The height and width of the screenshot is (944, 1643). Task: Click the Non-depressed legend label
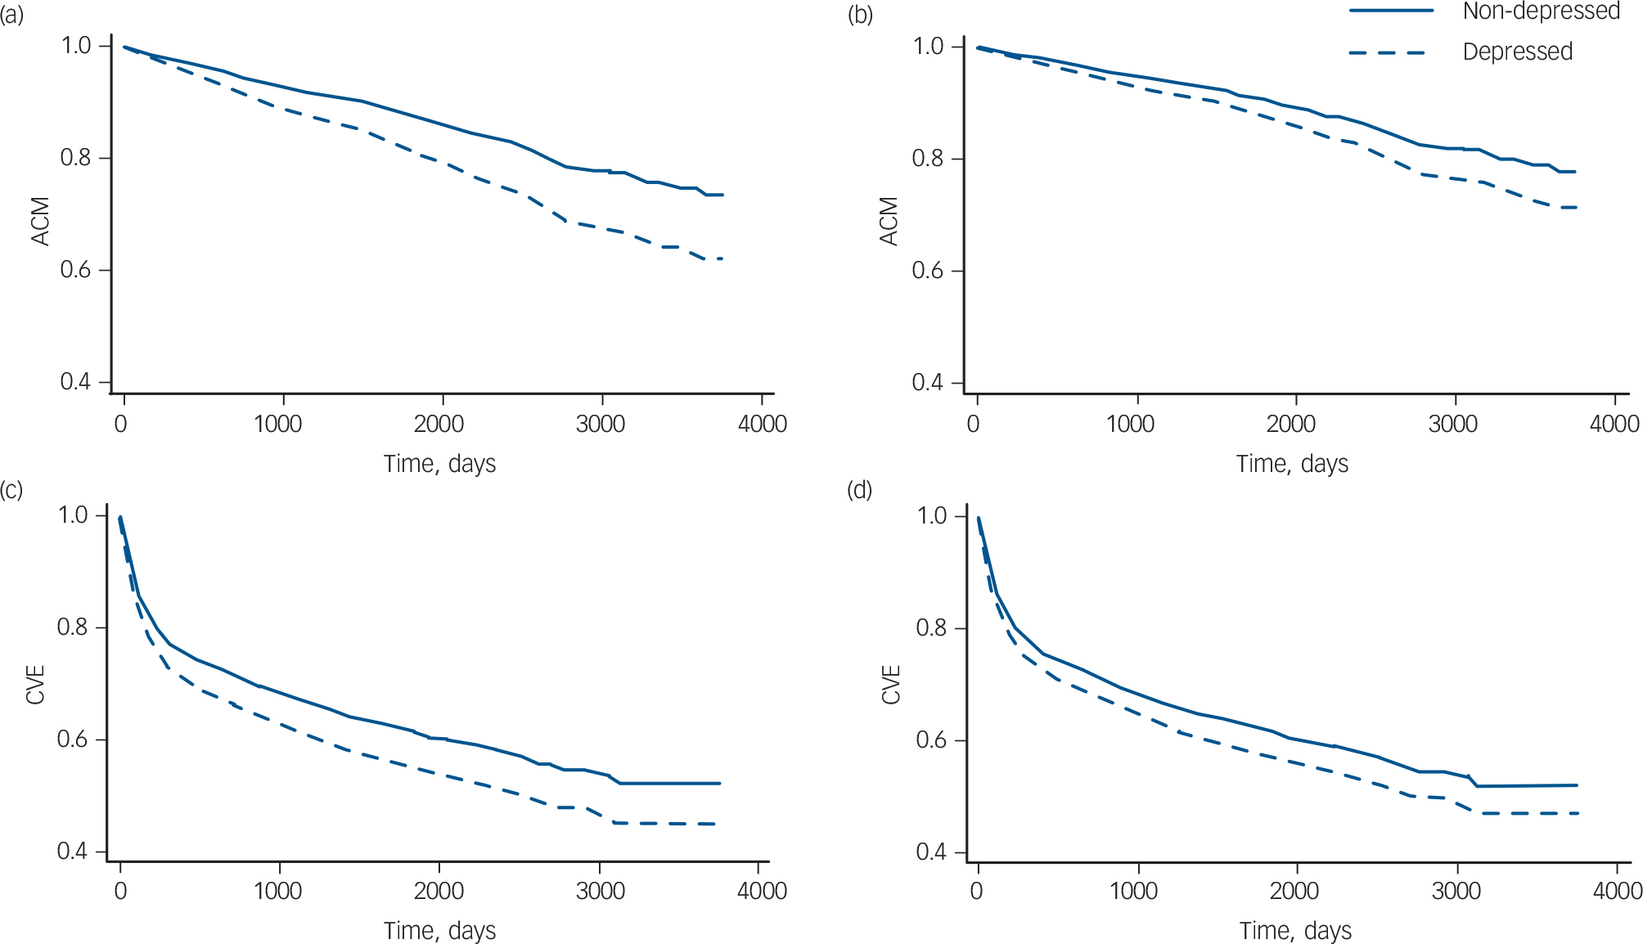(x=1541, y=11)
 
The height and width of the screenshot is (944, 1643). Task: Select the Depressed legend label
(x=1517, y=52)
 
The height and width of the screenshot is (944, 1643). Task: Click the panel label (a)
(x=11, y=15)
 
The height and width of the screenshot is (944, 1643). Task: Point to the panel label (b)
(x=860, y=15)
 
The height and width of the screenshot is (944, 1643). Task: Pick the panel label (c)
(x=11, y=489)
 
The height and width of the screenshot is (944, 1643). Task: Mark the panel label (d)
(x=860, y=489)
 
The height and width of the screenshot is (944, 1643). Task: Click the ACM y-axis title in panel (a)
(x=40, y=221)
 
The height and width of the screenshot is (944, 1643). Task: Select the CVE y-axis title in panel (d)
(x=891, y=684)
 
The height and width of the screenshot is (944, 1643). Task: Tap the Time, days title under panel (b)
(x=1291, y=464)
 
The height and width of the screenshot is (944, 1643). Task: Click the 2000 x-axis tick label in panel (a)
(x=439, y=424)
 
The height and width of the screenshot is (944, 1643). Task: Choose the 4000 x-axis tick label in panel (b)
(x=1614, y=424)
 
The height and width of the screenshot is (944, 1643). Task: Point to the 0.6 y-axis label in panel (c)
(x=73, y=739)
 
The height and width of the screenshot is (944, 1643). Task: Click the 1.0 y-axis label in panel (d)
(x=931, y=515)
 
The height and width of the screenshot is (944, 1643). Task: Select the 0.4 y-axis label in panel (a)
(x=75, y=382)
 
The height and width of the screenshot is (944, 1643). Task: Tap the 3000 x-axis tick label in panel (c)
(x=600, y=891)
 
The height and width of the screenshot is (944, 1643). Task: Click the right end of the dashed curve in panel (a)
(x=722, y=258)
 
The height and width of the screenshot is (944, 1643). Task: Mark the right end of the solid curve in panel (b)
(x=1575, y=172)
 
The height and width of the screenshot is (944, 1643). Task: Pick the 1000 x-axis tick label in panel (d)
(x=1133, y=891)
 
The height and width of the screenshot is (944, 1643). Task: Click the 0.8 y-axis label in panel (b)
(x=927, y=158)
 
